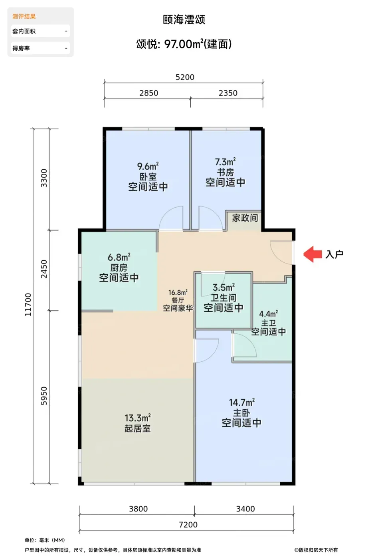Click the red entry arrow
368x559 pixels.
point(313,254)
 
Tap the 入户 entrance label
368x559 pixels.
point(334,254)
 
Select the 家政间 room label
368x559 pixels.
point(245,218)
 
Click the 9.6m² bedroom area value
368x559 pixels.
point(148,166)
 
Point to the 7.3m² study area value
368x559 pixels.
point(225,162)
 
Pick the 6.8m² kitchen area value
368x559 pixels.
point(119,257)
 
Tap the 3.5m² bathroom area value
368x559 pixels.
point(224,287)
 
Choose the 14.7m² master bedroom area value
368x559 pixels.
point(242,402)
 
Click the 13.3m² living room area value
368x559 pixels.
point(137,418)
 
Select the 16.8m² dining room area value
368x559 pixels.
point(178,292)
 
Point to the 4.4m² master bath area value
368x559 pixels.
point(269,314)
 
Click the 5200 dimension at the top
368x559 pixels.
point(185,77)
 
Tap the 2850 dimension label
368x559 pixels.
point(149,93)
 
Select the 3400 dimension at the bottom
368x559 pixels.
point(245,509)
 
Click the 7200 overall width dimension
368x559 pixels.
point(188,525)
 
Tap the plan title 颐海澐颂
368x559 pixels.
point(184,20)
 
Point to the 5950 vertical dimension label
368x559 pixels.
point(44,396)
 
